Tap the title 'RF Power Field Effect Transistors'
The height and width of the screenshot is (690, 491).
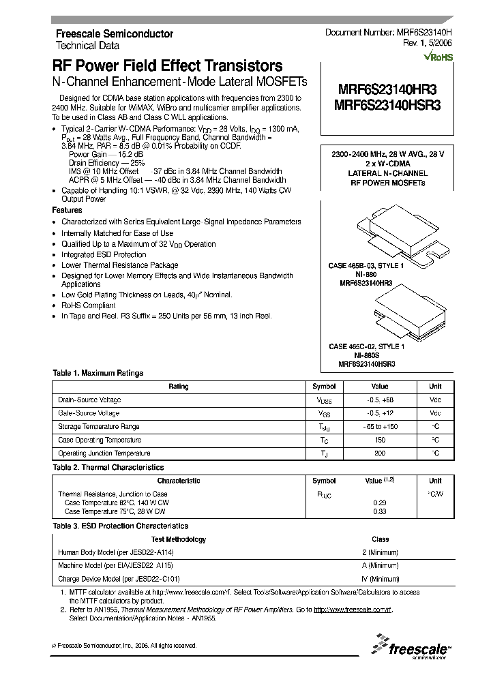168,66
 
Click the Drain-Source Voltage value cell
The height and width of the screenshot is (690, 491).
381,400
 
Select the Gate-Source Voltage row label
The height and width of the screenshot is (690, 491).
89,413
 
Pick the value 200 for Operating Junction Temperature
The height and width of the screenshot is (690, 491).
381,453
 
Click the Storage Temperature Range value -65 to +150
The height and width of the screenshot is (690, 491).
381,427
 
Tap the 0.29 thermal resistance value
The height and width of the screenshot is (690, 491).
381,502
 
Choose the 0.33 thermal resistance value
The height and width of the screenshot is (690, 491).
381,511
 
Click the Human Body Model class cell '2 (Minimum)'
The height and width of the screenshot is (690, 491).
381,552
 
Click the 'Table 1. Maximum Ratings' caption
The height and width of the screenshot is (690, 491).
98,373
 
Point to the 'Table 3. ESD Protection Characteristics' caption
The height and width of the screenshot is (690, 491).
120,526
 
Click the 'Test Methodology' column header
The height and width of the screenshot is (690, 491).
179,539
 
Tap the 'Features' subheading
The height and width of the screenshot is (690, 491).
68,211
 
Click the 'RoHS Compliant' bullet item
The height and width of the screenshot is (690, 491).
89,305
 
